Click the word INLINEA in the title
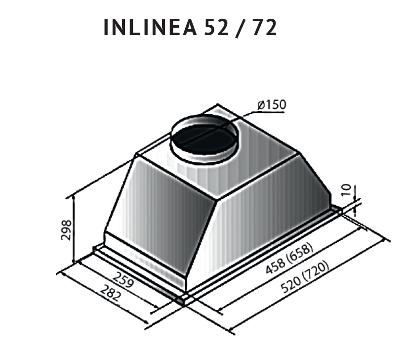coord(150,28)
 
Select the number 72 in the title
coord(264,28)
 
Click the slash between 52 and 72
coord(241,28)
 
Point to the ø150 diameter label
coord(271,105)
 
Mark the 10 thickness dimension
coord(346,190)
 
